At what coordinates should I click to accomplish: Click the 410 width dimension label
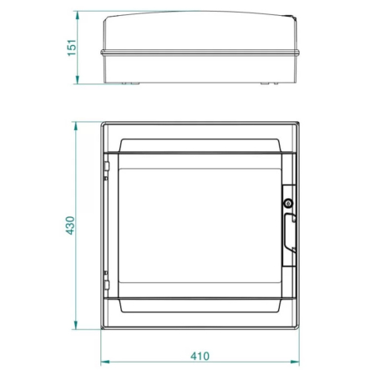click(x=200, y=356)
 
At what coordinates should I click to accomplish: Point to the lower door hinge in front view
click(x=107, y=281)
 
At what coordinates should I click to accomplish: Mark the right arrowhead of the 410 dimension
click(x=296, y=362)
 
